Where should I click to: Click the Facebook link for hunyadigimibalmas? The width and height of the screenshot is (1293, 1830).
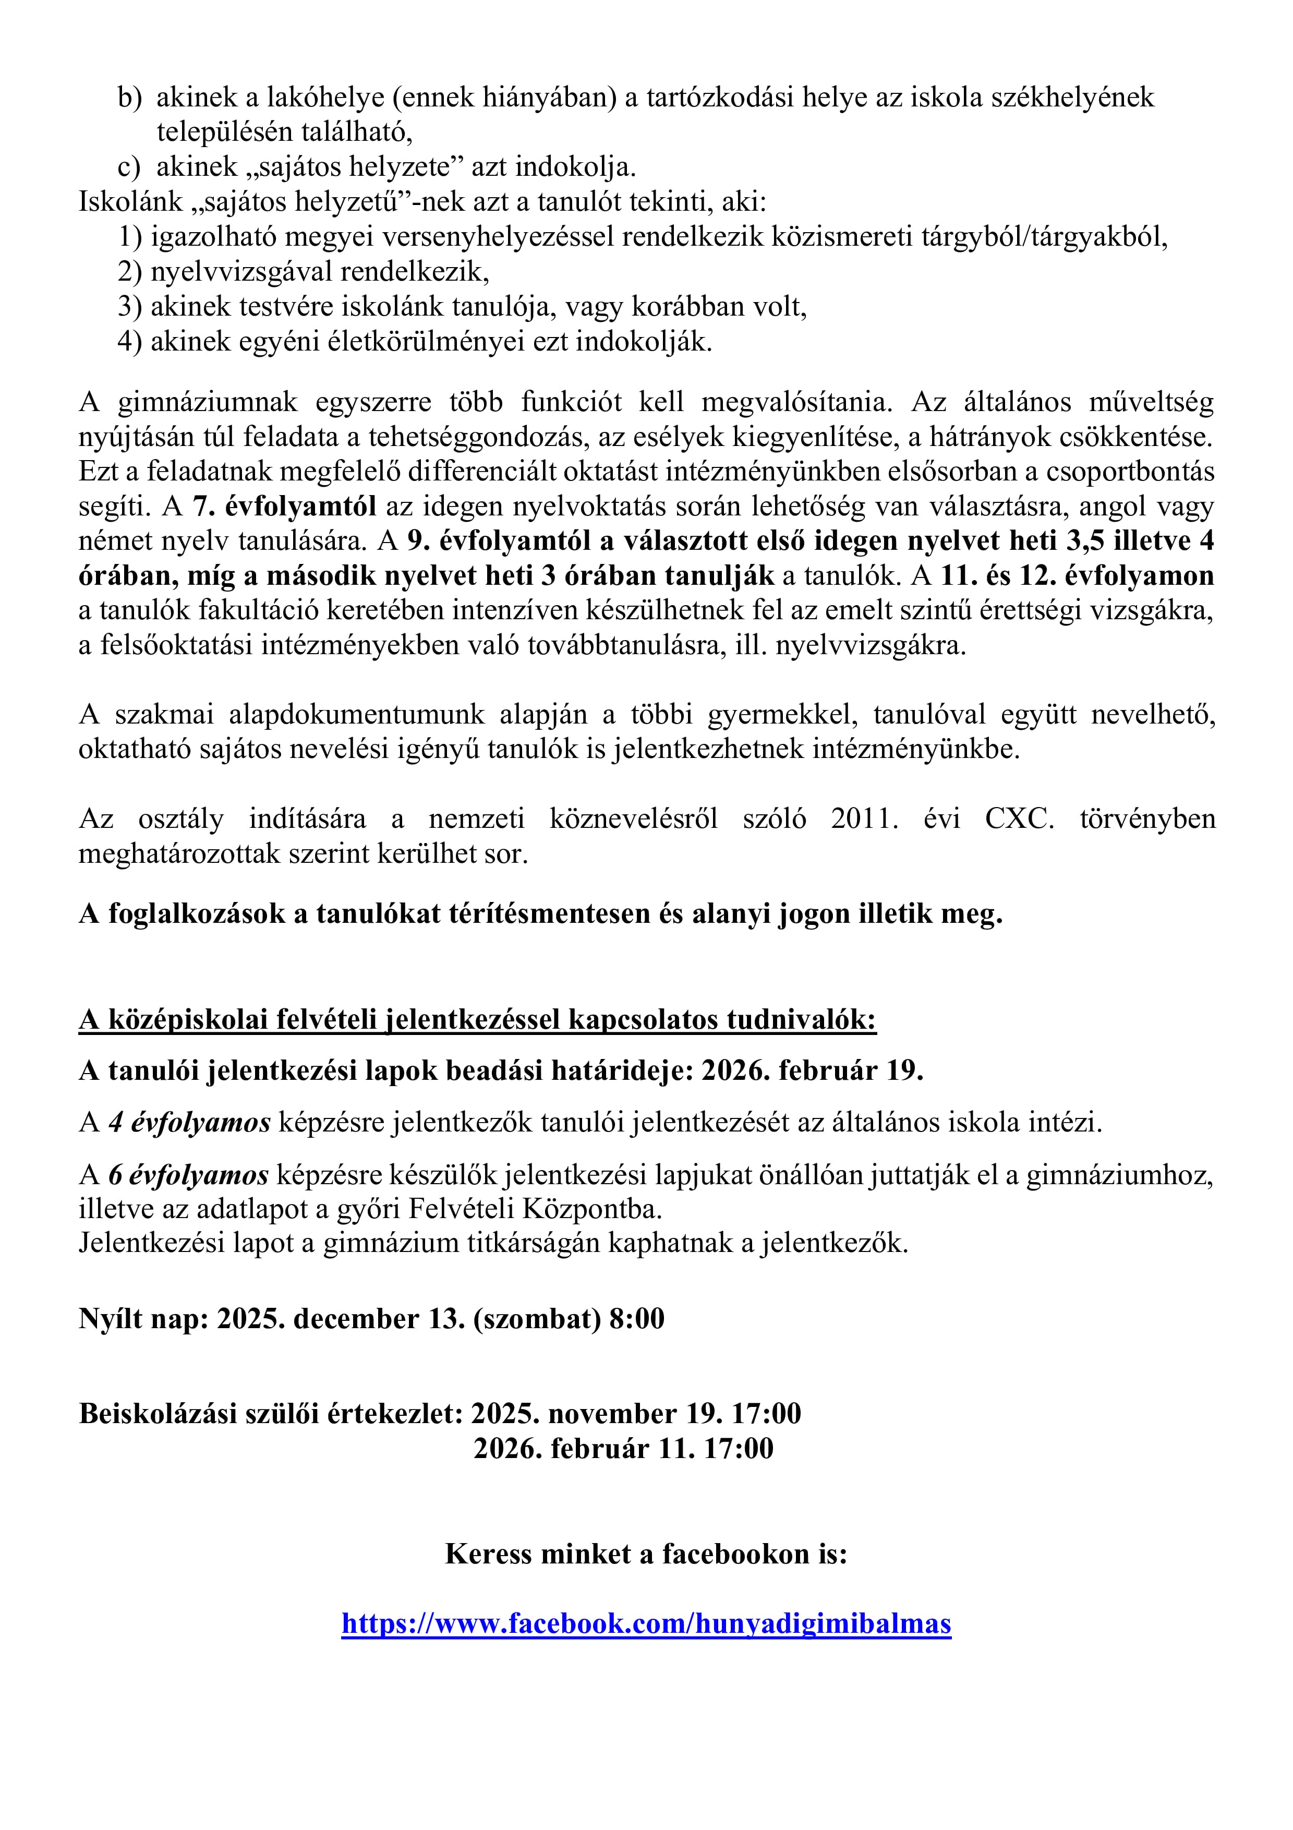646,1623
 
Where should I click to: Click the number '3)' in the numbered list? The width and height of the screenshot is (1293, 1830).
130,307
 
